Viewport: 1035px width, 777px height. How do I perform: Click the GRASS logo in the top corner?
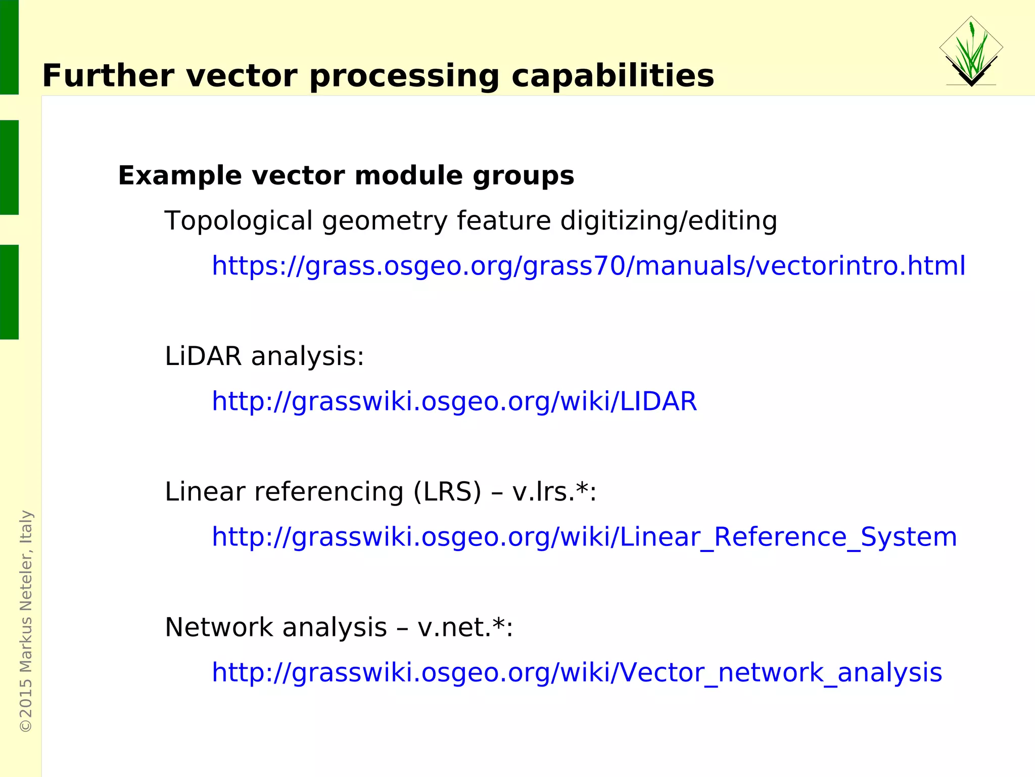(971, 51)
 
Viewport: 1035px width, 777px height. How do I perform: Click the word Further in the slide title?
(108, 76)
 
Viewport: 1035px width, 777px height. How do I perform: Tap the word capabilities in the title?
(613, 76)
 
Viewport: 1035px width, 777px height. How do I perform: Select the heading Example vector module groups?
(346, 176)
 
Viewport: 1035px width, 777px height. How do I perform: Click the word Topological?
(239, 221)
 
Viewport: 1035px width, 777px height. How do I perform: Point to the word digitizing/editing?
(669, 221)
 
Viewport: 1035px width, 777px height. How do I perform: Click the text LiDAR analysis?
(264, 356)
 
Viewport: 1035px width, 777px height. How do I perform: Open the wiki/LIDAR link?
(454, 401)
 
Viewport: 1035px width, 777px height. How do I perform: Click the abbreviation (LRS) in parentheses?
(447, 492)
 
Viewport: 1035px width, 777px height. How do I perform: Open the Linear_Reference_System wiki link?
(584, 537)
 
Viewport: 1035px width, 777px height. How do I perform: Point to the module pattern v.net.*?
(465, 627)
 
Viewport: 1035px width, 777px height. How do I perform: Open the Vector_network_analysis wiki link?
(577, 672)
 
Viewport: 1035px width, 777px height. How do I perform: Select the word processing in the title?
(404, 76)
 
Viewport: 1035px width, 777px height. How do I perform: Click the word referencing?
(328, 492)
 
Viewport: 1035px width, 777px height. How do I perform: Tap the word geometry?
(385, 221)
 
